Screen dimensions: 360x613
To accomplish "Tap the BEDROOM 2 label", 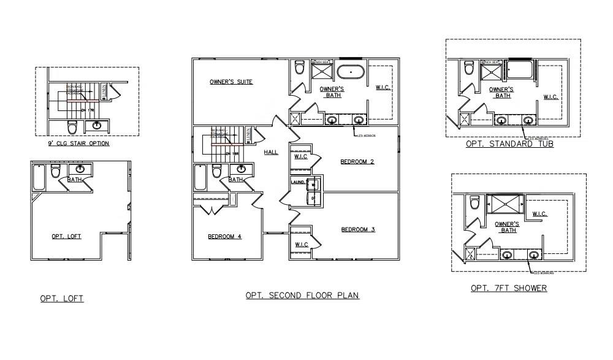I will [357, 162].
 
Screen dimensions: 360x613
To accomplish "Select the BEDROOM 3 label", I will [357, 229].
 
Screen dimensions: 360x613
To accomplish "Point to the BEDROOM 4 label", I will [224, 237].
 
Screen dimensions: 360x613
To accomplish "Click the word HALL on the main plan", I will [271, 152].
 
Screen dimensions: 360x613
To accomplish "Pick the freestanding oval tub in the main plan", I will [351, 72].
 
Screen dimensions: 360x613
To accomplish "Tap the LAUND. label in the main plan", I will [298, 182].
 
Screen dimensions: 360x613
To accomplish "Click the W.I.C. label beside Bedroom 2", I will [301, 156].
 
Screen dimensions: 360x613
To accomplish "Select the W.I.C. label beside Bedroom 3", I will [302, 245].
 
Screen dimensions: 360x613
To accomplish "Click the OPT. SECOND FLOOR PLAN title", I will [302, 295].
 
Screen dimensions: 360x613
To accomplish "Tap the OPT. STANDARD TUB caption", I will [509, 144].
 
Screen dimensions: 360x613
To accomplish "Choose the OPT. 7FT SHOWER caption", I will [509, 288].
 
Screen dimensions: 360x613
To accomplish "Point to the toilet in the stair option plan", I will [72, 128].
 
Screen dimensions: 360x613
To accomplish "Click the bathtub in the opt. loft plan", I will [39, 178].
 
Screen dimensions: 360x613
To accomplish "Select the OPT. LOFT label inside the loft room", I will [66, 236].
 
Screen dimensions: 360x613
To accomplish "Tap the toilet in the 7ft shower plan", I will [474, 202].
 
